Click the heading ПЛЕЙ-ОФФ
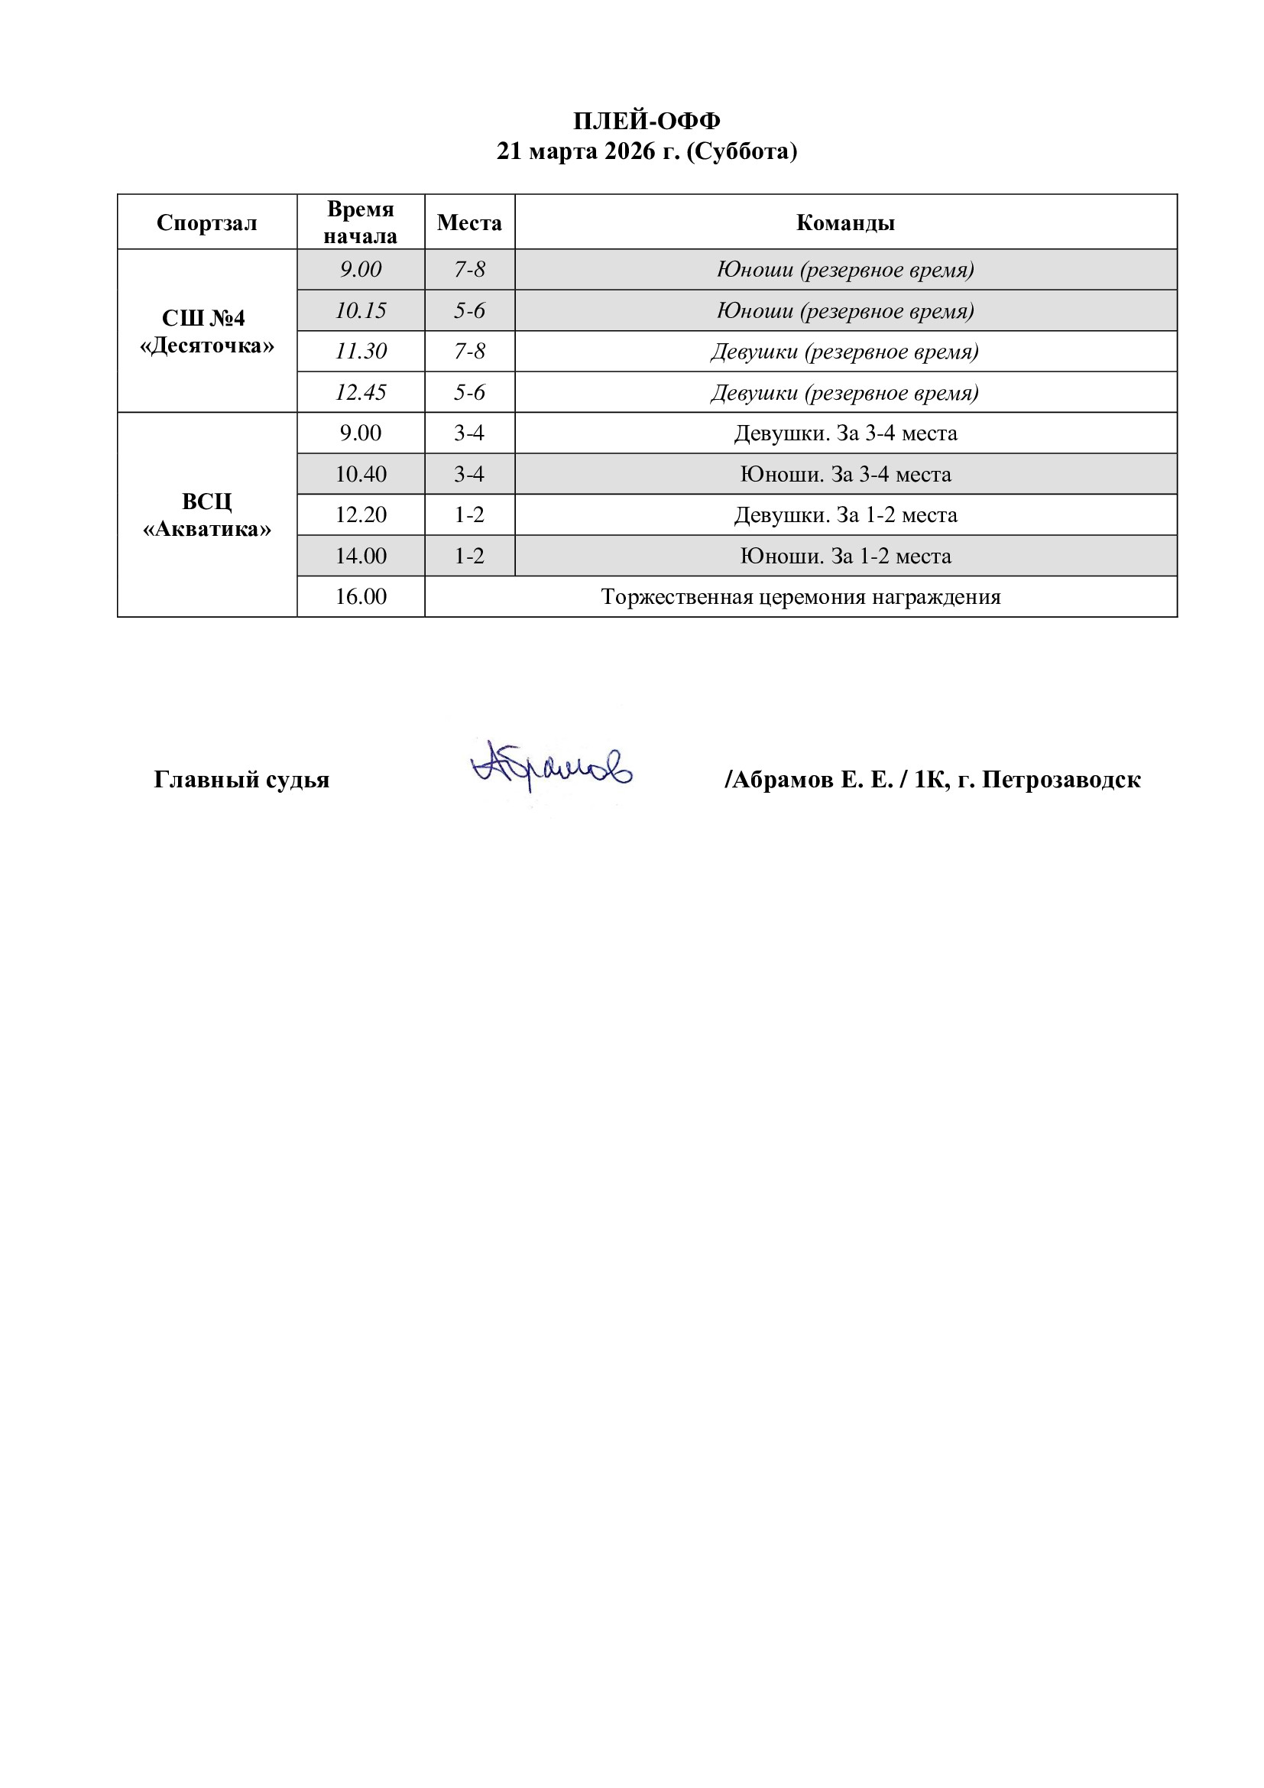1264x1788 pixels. tap(646, 121)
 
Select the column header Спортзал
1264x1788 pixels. tap(206, 222)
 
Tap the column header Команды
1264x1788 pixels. tap(845, 222)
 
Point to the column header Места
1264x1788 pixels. tap(469, 222)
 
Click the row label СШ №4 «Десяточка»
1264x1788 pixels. tap(206, 332)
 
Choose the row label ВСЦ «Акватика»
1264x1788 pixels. tap(206, 514)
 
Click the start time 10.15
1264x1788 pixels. tap(361, 310)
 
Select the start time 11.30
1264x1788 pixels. tap(361, 351)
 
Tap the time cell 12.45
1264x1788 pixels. tap(361, 391)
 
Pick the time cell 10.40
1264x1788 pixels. tap(361, 474)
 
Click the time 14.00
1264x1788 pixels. tap(361, 556)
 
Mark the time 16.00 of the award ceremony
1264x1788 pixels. tap(361, 596)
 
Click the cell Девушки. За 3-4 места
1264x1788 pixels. tap(845, 433)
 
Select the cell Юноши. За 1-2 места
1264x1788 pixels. tap(845, 556)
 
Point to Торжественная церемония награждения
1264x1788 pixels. tap(800, 596)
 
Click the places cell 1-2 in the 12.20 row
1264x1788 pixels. tap(469, 514)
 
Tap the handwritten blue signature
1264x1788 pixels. tap(551, 766)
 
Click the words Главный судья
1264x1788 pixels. tap(241, 780)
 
